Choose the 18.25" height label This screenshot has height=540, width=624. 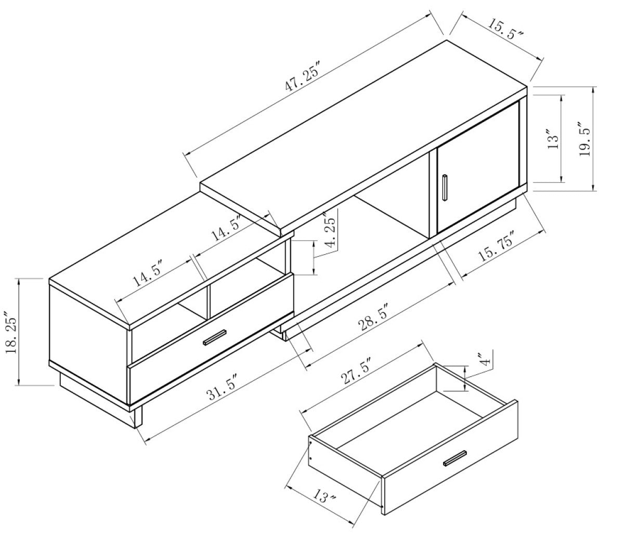9,333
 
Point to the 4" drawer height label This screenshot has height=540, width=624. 485,360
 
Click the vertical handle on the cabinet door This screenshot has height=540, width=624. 445,188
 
